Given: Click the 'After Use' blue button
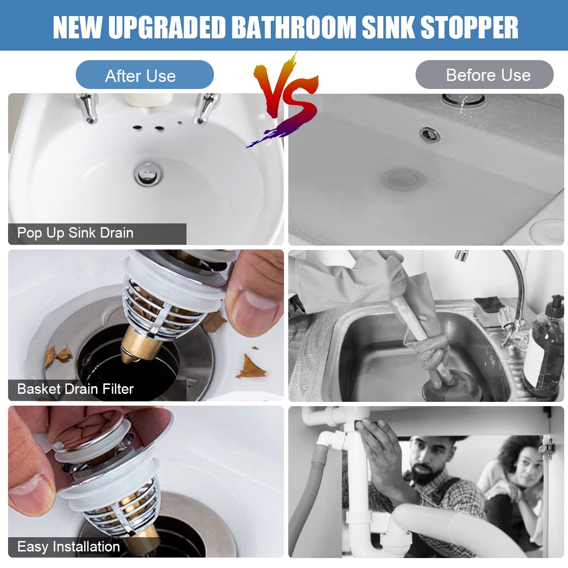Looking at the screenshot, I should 144,75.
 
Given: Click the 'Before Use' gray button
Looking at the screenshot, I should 484,75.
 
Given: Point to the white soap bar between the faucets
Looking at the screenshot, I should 149,99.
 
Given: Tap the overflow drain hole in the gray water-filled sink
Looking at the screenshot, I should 430,133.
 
